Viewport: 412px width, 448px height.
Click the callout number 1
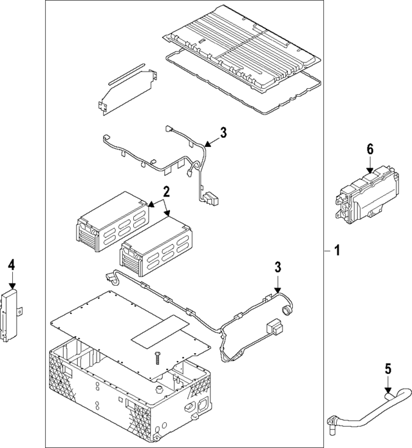point(336,251)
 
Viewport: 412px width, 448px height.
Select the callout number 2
point(165,191)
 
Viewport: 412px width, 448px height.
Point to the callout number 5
point(388,369)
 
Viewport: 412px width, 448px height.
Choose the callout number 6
point(370,149)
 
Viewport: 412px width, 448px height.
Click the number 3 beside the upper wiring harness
point(223,133)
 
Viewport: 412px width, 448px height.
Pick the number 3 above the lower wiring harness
point(278,267)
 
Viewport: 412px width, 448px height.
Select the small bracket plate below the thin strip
point(128,93)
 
